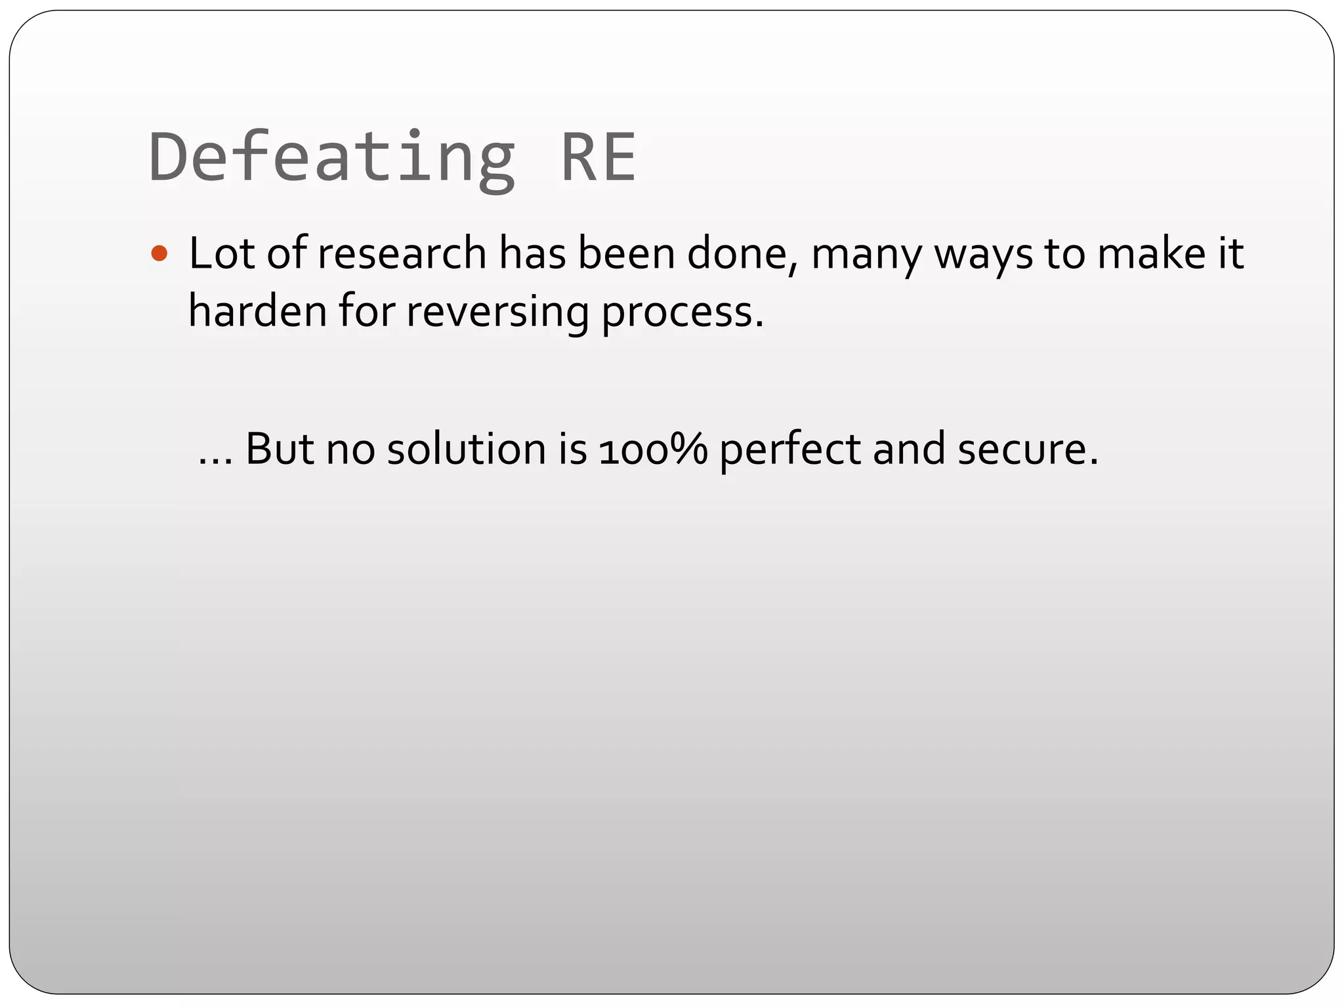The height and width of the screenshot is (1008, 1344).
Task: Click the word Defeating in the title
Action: pos(331,157)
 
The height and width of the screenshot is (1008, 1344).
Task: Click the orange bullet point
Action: pos(159,253)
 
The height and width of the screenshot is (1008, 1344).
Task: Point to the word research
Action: pos(402,253)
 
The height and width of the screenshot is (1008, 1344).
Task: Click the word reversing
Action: pos(497,312)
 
